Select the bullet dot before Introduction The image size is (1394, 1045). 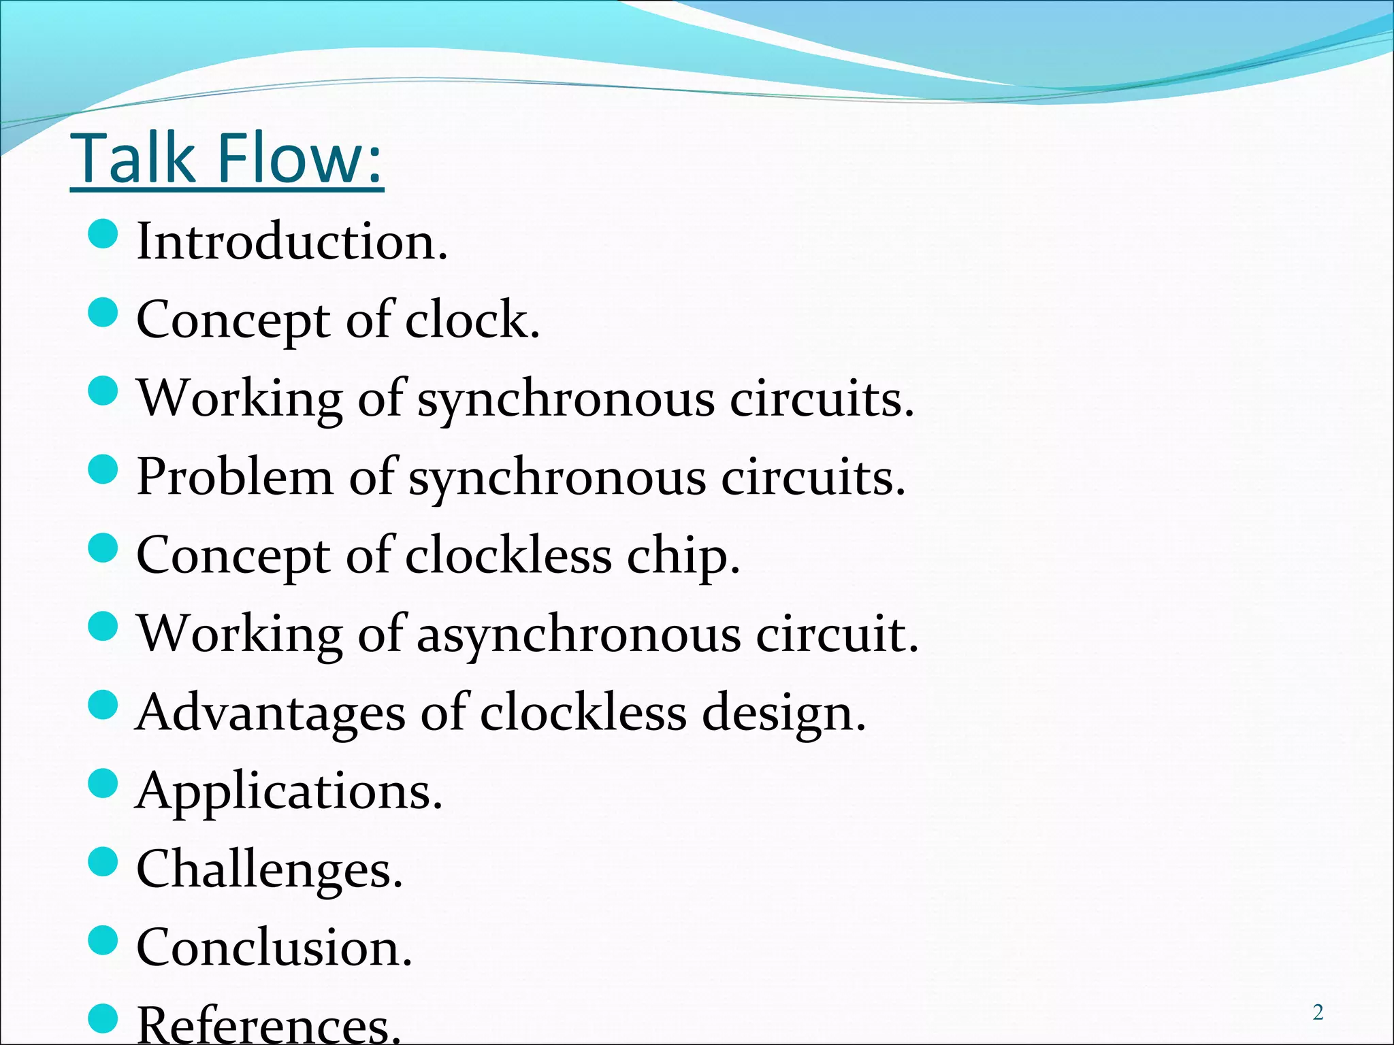click(103, 235)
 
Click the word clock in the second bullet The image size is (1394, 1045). click(472, 320)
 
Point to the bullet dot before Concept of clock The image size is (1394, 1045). click(103, 314)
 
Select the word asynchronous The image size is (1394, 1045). click(579, 635)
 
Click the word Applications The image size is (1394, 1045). click(289, 792)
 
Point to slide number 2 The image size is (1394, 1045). click(1318, 1013)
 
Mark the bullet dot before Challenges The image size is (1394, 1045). click(103, 863)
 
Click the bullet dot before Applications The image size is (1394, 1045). click(103, 784)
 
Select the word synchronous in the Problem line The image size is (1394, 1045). click(557, 478)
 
